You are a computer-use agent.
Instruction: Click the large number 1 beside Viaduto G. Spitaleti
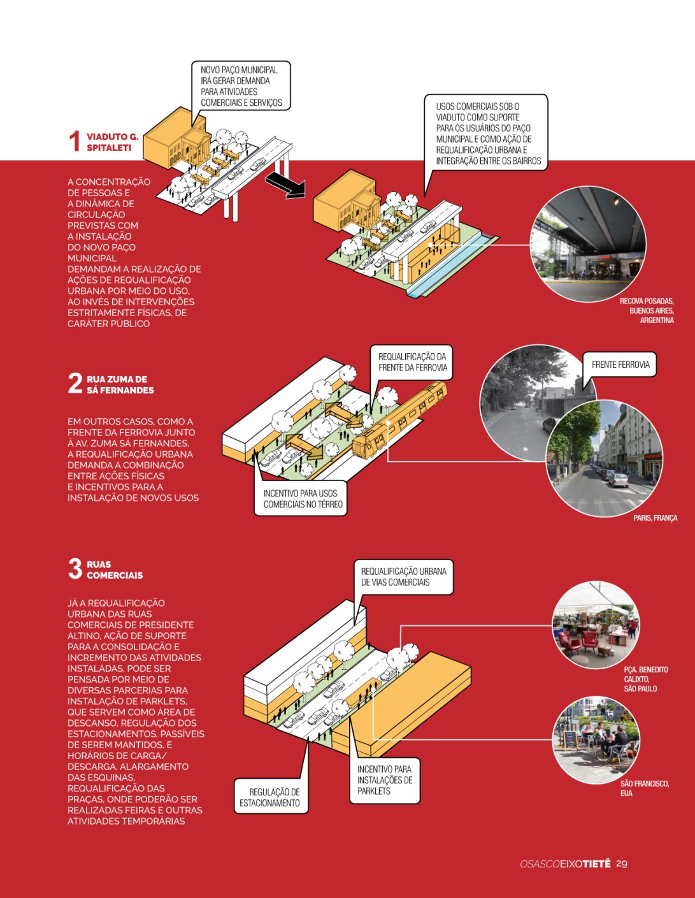pyautogui.click(x=75, y=141)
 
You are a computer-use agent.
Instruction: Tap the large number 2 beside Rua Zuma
pyautogui.click(x=75, y=384)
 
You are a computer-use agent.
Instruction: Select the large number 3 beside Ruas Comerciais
pyautogui.click(x=75, y=569)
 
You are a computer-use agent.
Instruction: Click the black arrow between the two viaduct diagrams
pyautogui.click(x=285, y=187)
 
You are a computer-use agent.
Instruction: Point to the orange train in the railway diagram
pyautogui.click(x=399, y=419)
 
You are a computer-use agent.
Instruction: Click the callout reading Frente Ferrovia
pyautogui.click(x=619, y=365)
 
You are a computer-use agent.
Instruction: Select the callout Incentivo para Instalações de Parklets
pyautogui.click(x=385, y=780)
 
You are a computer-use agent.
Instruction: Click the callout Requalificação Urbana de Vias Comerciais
pyautogui.click(x=403, y=577)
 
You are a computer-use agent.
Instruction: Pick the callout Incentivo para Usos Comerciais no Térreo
pyautogui.click(x=300, y=499)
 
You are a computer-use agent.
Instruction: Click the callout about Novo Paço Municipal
pyautogui.click(x=241, y=86)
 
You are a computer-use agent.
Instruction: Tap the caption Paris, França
pyautogui.click(x=656, y=518)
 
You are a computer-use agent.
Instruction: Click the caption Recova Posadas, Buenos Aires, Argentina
pyautogui.click(x=647, y=311)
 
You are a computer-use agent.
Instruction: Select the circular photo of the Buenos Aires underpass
pyautogui.click(x=588, y=244)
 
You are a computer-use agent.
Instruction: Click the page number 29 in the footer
pyautogui.click(x=622, y=864)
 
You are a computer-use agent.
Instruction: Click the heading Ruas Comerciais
pyautogui.click(x=115, y=570)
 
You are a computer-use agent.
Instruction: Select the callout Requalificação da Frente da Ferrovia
pyautogui.click(x=412, y=363)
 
